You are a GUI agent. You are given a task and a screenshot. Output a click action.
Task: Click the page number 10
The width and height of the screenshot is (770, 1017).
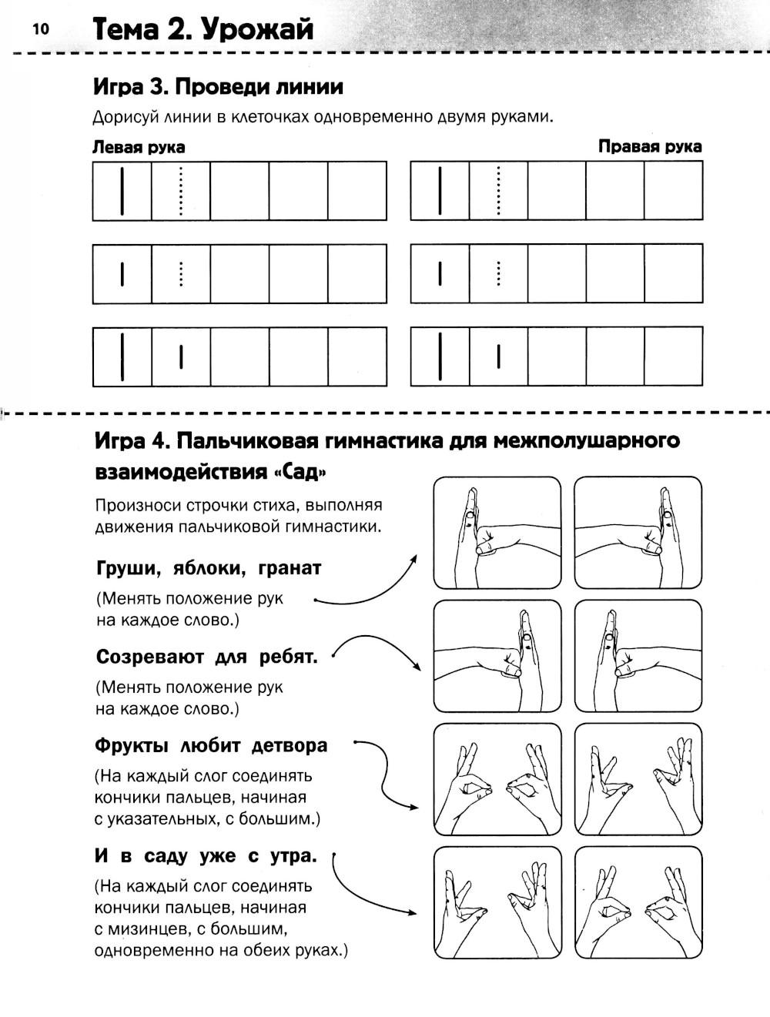pos(40,29)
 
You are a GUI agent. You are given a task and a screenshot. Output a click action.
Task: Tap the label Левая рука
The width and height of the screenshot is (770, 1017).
pos(139,147)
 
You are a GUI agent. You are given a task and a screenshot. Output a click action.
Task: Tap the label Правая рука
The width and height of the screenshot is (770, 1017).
pos(650,146)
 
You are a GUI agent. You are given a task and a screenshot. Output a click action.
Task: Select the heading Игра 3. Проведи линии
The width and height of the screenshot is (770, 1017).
pos(218,86)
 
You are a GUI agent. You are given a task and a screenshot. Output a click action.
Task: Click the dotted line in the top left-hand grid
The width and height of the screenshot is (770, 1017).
pos(181,191)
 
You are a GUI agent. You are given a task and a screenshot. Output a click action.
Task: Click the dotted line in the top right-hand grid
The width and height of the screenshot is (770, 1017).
pos(499,191)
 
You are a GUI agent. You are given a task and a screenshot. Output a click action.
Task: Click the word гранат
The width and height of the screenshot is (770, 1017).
pos(290,568)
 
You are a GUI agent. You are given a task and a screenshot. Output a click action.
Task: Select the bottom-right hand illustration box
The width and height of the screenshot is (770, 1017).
pos(638,902)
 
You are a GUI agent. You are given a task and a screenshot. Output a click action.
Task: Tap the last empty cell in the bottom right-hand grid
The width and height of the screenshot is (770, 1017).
pos(673,356)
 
